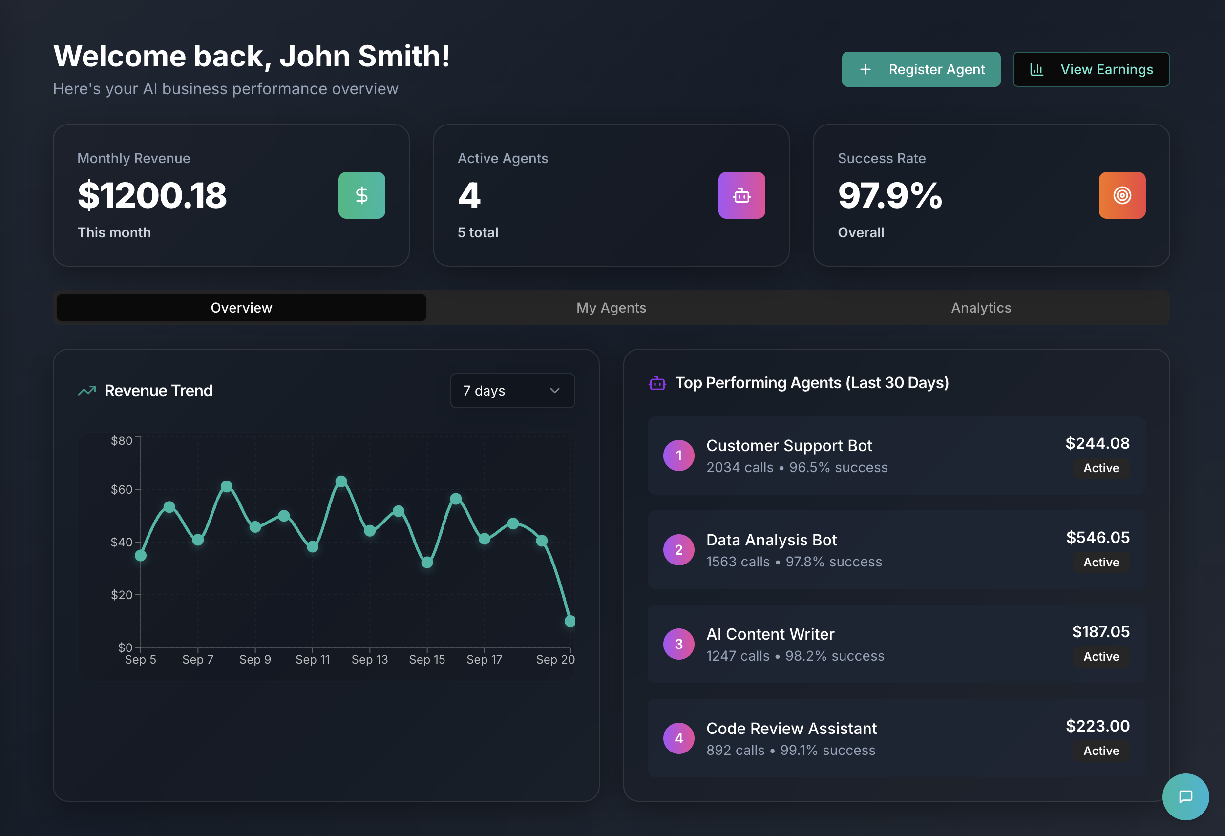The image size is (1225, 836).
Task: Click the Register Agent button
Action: pyautogui.click(x=920, y=69)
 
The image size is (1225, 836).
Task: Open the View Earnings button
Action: pyautogui.click(x=1091, y=69)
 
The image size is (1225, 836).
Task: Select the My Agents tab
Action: pyautogui.click(x=611, y=308)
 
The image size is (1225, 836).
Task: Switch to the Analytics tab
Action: pyautogui.click(x=981, y=308)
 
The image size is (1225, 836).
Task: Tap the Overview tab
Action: pyautogui.click(x=241, y=308)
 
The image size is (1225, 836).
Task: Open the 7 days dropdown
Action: pyautogui.click(x=512, y=391)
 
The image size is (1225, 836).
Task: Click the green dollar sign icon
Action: pyautogui.click(x=361, y=195)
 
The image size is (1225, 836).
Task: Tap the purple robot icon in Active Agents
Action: pyautogui.click(x=741, y=195)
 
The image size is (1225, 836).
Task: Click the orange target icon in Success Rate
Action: pyautogui.click(x=1121, y=195)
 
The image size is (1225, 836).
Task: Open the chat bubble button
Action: pyautogui.click(x=1185, y=796)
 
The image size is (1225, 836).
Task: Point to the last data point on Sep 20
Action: pyautogui.click(x=570, y=621)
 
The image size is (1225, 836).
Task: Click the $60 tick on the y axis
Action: pyautogui.click(x=122, y=490)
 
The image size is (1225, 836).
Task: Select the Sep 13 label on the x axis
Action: pyautogui.click(x=370, y=659)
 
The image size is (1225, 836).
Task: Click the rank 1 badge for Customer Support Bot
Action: pyautogui.click(x=678, y=456)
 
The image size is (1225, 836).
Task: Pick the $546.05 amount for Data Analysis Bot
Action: pyautogui.click(x=1098, y=537)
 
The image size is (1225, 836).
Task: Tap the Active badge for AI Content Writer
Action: pyautogui.click(x=1100, y=656)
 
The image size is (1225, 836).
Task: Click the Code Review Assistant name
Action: pyautogui.click(x=791, y=728)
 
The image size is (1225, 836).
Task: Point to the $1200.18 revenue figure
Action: pyautogui.click(x=152, y=195)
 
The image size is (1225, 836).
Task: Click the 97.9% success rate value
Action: pyautogui.click(x=890, y=195)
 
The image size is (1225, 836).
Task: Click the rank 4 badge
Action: pyautogui.click(x=678, y=738)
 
